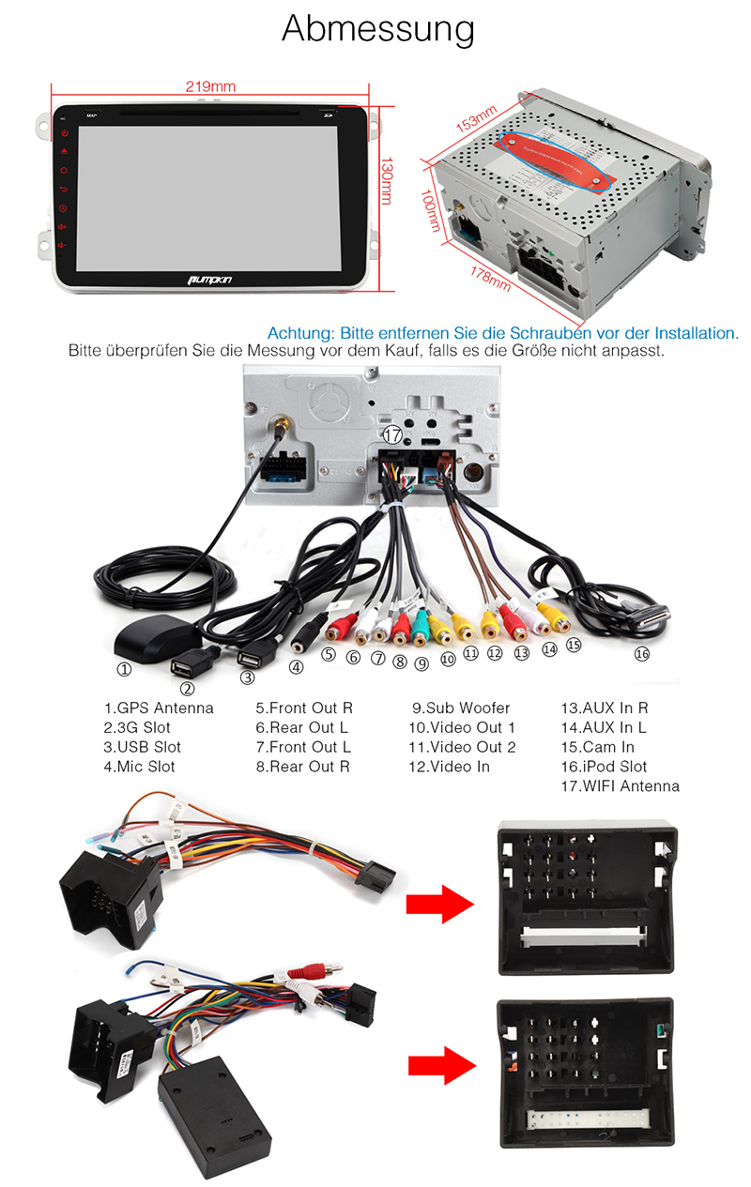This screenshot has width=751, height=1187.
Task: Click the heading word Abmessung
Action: [x=378, y=30]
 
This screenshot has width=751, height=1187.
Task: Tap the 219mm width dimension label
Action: [x=209, y=86]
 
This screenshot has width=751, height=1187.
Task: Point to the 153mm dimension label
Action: [x=475, y=123]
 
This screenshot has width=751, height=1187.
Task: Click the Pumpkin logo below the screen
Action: [x=210, y=278]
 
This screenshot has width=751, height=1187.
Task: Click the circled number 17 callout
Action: [x=393, y=434]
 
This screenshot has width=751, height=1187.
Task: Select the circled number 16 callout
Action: [x=641, y=654]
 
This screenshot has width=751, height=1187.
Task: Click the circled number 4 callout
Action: [x=297, y=668]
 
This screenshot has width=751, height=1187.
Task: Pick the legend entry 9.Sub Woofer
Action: [x=461, y=708]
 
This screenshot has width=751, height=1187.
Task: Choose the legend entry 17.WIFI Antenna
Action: [x=620, y=786]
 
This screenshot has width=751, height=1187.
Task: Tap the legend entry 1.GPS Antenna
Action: [x=159, y=708]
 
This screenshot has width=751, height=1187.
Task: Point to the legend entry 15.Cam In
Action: [x=598, y=747]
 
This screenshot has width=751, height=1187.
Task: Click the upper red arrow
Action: [x=438, y=905]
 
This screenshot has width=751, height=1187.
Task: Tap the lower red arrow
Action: [x=438, y=1065]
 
